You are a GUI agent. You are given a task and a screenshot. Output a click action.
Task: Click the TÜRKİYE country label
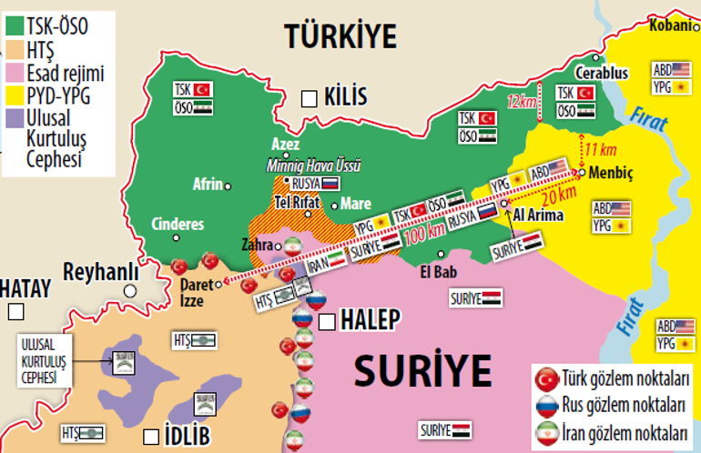(x=340, y=36)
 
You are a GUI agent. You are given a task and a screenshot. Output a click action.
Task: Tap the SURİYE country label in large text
(x=416, y=370)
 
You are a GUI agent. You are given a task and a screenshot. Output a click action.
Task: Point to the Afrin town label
(x=208, y=185)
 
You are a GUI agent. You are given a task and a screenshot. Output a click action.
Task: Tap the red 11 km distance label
(x=600, y=148)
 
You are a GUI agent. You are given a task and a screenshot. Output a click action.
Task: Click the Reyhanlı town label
(x=100, y=272)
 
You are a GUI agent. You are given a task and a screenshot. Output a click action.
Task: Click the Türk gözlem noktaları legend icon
(x=547, y=377)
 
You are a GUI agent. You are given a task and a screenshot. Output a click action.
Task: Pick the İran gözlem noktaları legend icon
(x=547, y=432)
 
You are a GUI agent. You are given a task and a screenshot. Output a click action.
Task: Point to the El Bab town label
(x=437, y=270)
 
